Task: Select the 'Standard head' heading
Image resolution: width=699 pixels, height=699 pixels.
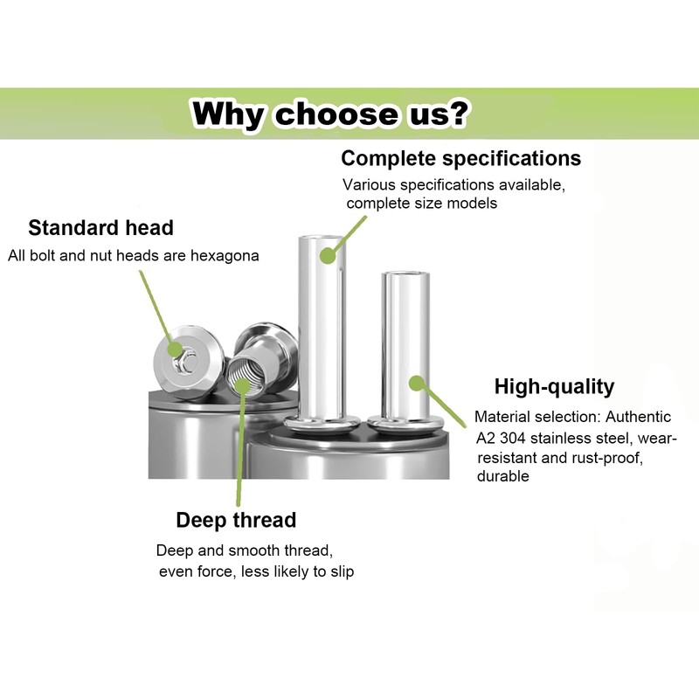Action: coord(100,228)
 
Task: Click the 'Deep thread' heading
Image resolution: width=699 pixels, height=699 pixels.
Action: coord(236,521)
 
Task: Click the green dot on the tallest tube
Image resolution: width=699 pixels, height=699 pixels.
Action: coord(327,256)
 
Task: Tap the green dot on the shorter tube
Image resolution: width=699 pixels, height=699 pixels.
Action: coord(417,383)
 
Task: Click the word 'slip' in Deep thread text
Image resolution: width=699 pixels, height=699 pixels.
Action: coord(341,571)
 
